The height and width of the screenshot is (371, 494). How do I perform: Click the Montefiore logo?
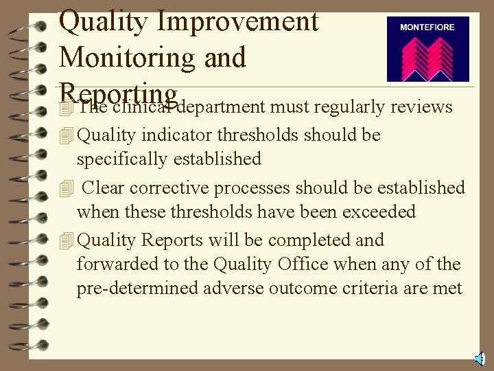point(427,49)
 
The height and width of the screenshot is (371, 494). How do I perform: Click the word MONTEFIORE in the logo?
point(427,27)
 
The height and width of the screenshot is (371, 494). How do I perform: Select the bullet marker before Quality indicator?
point(66,135)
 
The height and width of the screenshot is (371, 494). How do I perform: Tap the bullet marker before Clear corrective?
point(66,188)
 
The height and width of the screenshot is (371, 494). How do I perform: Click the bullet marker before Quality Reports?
point(66,240)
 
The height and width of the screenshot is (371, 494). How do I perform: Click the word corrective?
point(172,188)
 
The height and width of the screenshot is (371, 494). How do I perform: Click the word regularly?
point(349,107)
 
